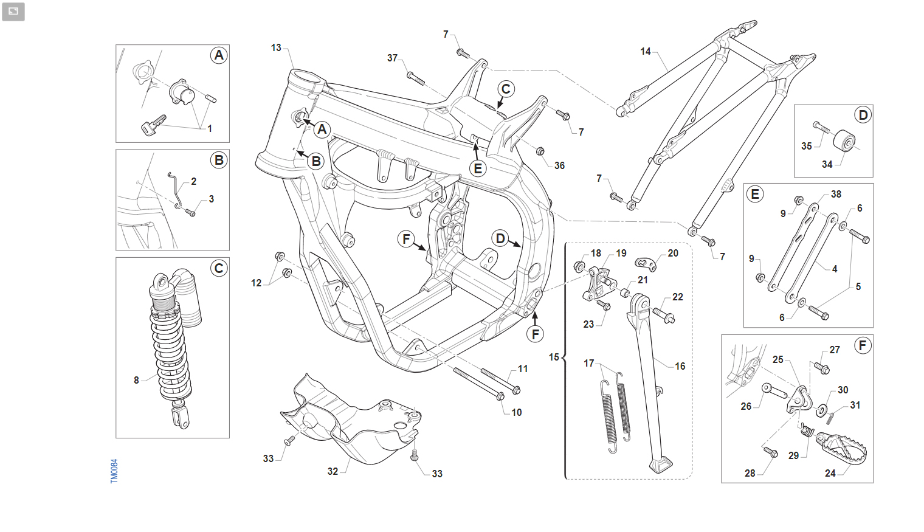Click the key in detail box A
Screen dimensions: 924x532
pos(153,125)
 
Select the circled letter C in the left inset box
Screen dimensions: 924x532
pos(219,268)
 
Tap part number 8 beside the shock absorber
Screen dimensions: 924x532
pos(137,380)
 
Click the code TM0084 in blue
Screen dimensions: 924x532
pos(114,471)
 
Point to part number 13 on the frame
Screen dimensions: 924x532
pos(276,48)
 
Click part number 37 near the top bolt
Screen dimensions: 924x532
pos(392,58)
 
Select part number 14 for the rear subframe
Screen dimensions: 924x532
pos(646,52)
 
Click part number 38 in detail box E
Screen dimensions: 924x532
pos(836,195)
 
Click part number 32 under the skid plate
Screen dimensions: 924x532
pos(333,471)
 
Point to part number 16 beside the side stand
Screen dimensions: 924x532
pos(680,366)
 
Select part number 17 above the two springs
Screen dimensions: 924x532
pos(588,363)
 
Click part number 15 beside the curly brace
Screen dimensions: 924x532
pos(554,357)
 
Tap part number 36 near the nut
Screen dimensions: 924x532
pos(559,165)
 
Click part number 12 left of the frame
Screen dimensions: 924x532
pos(256,283)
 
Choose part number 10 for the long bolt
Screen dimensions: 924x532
pos(517,412)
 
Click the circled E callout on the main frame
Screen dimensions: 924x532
pos(478,168)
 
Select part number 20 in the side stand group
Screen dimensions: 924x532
pos(673,254)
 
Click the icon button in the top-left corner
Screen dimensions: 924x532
pos(13,12)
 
